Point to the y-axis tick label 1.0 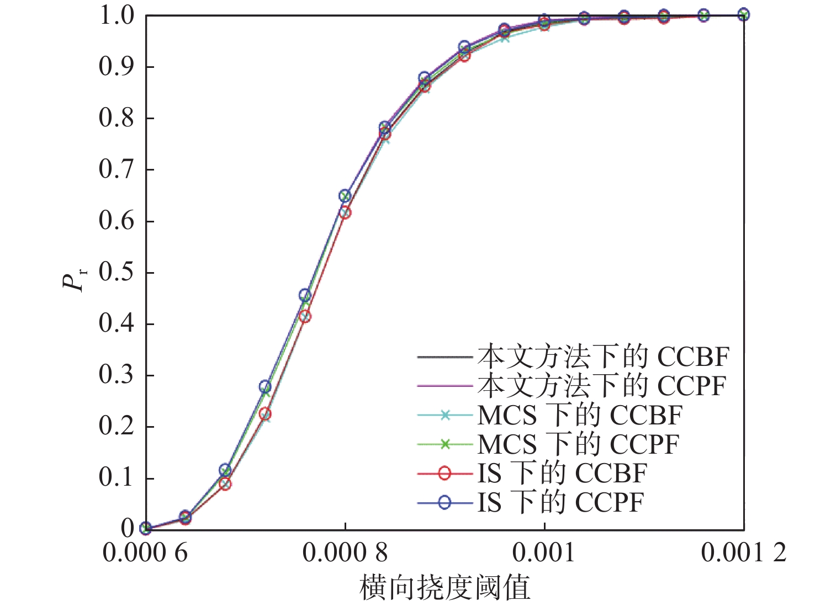[x=116, y=15]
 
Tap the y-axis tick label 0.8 [x=116, y=118]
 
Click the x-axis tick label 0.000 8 [x=345, y=552]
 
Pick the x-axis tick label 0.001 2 [x=743, y=552]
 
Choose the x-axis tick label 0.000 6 [x=145, y=552]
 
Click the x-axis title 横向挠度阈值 [x=444, y=587]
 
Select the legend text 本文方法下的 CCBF [x=603, y=357]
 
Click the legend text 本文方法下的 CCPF [x=602, y=386]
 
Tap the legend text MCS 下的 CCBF [x=580, y=415]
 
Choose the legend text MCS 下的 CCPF [x=578, y=444]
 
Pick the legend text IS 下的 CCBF [x=562, y=474]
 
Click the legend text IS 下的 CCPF [x=560, y=502]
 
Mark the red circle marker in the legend [x=444, y=474]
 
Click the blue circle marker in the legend [x=444, y=502]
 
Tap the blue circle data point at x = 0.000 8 [x=345, y=196]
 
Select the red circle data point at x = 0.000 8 [x=345, y=212]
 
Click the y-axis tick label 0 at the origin [x=128, y=528]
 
